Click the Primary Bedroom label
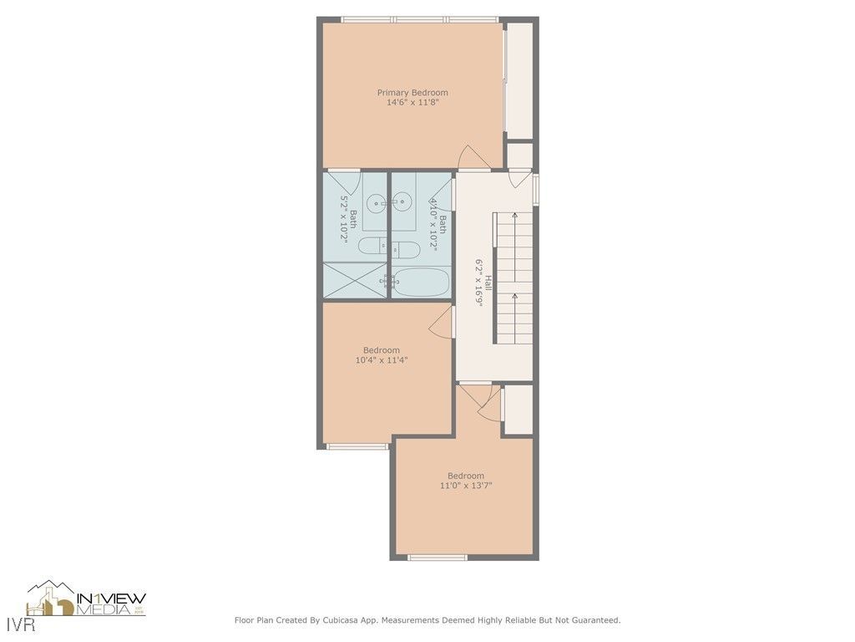412,93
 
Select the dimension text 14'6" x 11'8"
412,103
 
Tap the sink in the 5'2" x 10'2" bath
377,201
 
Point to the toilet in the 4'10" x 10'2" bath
406,248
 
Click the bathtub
421,283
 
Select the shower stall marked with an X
355,280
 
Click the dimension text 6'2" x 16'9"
479,283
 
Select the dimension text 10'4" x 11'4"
381,360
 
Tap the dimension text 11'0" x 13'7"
465,486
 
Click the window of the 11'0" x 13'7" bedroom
438,558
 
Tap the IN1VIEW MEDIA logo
87,599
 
